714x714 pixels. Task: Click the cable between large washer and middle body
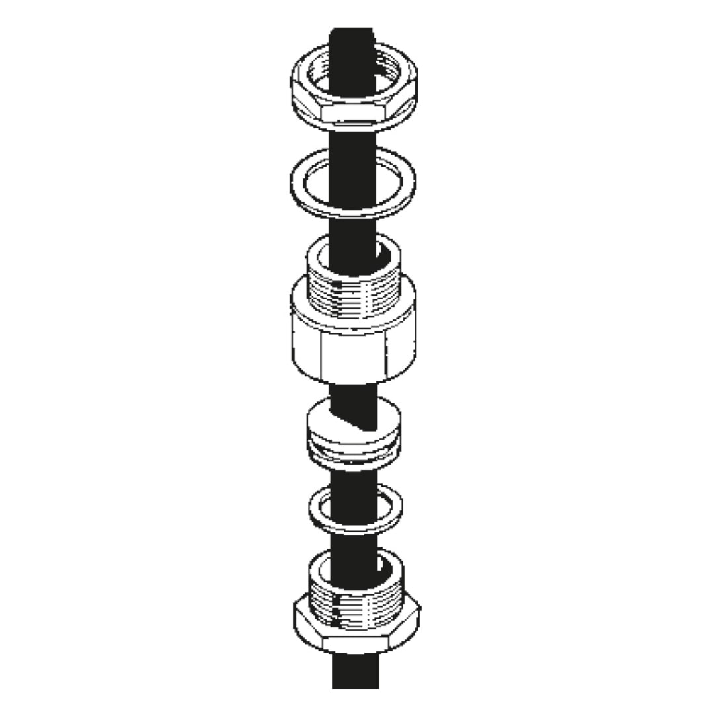pos(353,228)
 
